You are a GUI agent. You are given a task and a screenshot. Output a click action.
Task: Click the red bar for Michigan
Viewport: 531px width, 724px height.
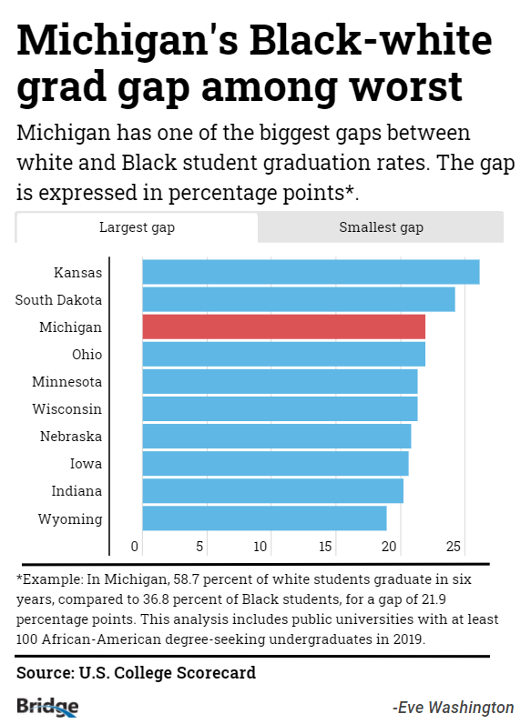point(283,327)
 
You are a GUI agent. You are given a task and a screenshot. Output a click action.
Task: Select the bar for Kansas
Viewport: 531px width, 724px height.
point(311,272)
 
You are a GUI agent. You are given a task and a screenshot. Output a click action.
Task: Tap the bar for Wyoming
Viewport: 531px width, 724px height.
point(264,518)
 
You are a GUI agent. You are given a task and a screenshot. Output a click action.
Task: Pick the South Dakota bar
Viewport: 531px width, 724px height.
point(298,299)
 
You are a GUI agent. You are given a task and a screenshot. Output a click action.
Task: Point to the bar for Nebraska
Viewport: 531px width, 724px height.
point(276,437)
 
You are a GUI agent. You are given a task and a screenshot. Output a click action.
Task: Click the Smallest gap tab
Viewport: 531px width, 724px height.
point(381,227)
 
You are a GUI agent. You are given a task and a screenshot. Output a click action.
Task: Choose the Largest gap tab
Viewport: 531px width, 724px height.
point(137,227)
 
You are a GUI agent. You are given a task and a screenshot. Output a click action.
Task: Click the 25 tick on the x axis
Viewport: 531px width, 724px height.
point(454,547)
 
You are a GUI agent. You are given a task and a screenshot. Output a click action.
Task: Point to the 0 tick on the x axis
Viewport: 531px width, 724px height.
point(136,547)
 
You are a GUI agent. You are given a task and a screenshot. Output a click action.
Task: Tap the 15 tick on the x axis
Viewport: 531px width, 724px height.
point(326,547)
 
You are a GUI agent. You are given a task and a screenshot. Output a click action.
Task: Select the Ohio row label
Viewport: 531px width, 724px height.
point(87,355)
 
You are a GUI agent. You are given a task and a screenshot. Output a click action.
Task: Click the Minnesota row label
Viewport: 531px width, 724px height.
point(66,382)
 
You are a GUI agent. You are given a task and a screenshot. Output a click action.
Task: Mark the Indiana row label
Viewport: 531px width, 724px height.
point(77,491)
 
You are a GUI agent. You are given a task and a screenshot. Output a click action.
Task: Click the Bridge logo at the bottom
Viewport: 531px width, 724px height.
point(47,706)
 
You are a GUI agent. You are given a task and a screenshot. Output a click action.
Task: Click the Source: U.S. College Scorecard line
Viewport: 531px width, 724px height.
point(136,673)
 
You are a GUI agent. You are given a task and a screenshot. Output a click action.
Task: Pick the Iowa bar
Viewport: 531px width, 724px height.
point(275,464)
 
